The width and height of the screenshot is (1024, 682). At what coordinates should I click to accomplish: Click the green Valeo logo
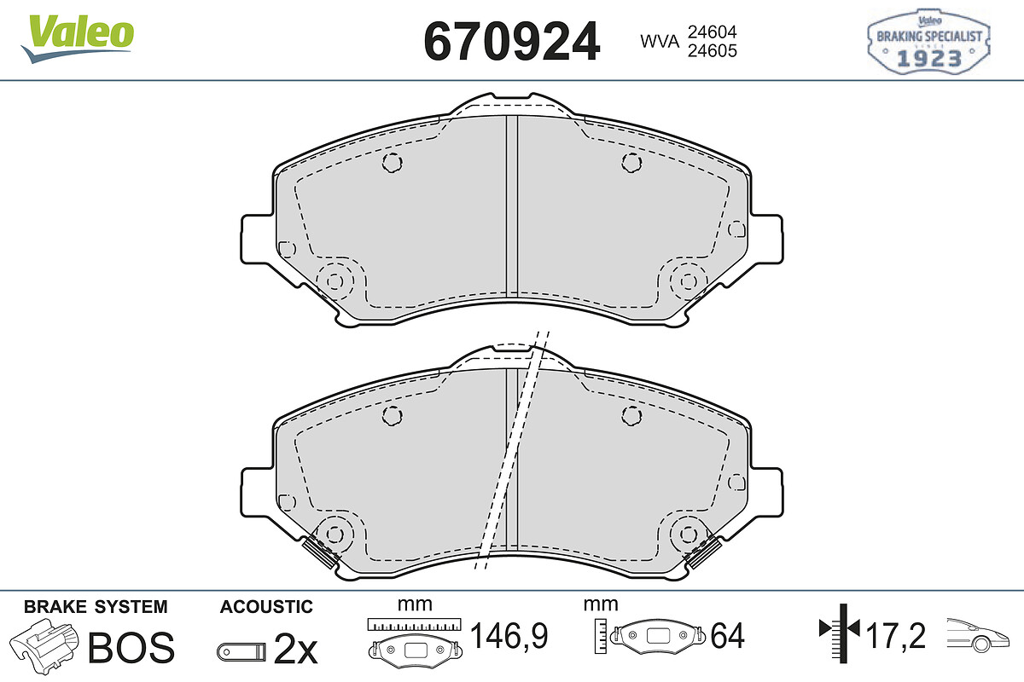78,39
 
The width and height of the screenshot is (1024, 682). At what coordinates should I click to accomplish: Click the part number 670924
511,42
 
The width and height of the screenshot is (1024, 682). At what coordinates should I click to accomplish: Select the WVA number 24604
713,32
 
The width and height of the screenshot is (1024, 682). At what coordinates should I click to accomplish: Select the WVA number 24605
713,50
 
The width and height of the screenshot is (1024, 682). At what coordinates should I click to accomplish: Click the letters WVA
660,42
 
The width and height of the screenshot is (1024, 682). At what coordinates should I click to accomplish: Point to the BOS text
131,647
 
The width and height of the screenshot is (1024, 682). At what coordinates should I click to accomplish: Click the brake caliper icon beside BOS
44,644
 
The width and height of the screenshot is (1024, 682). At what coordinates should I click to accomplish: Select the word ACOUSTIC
266,607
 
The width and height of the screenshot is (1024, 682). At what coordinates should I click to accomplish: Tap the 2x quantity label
295,648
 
